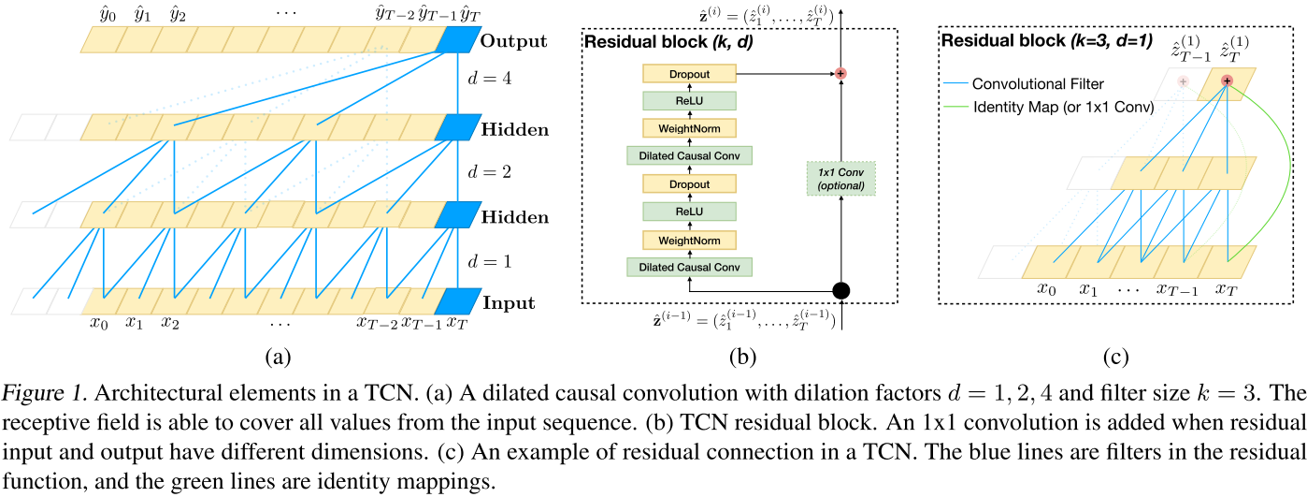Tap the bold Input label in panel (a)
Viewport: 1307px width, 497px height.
[x=509, y=303]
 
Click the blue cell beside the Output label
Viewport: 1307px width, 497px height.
[x=457, y=39]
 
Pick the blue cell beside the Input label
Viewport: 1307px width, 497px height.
[x=457, y=301]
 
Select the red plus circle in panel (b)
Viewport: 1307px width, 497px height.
[x=840, y=73]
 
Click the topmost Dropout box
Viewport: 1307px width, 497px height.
[x=690, y=73]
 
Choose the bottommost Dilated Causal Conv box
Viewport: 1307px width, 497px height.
[x=690, y=268]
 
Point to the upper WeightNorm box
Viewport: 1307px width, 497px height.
[x=690, y=128]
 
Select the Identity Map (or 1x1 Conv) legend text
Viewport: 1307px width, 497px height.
[x=1063, y=107]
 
